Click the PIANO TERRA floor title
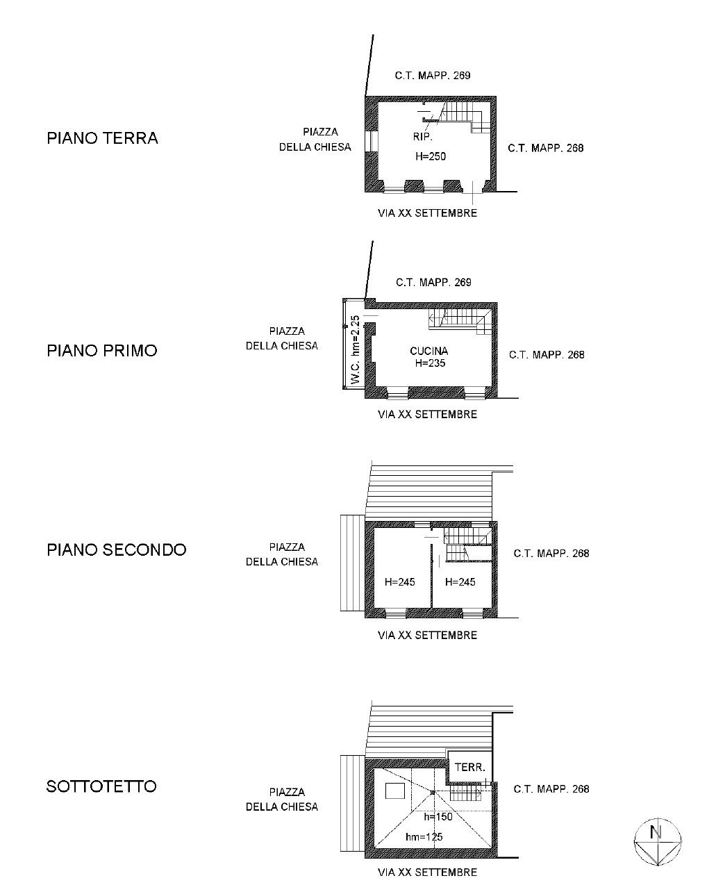coord(102,138)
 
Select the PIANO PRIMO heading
coord(102,351)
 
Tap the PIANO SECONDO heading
coord(117,549)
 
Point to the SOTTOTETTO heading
coord(101,786)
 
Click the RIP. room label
coord(423,137)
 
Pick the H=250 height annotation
coord(431,156)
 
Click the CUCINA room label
coord(429,351)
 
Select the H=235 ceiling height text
coord(431,363)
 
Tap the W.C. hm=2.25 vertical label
coord(356,349)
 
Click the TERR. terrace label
coord(469,767)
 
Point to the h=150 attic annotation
coord(438,817)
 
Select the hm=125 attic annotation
coord(424,837)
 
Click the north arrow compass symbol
coord(658,843)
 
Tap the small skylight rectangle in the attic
coord(395,791)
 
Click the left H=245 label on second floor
coord(400,581)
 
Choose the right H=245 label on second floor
coord(460,581)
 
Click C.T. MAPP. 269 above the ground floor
coord(433,76)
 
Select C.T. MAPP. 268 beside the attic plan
coord(551,788)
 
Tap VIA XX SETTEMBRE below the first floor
coord(427,414)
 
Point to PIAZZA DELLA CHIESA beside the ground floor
coord(315,140)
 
